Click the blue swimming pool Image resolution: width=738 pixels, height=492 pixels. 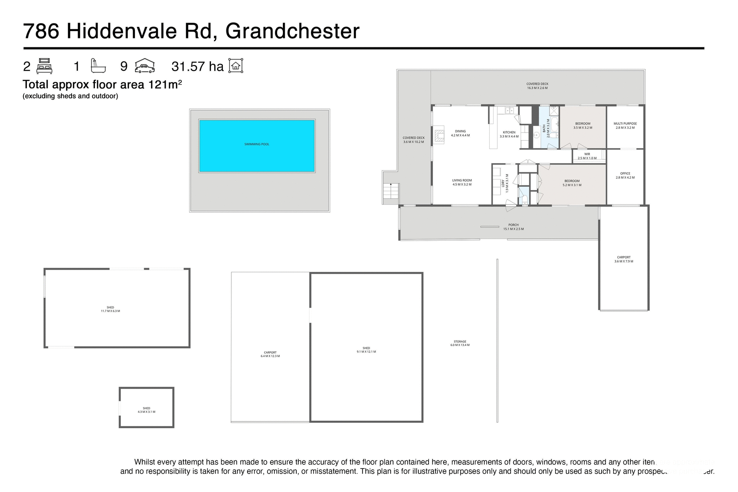tap(257, 146)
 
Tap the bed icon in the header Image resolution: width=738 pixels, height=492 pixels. tap(44, 66)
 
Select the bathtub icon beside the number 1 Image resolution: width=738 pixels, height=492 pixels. tap(98, 66)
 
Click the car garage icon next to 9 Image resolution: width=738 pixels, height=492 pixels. tap(145, 66)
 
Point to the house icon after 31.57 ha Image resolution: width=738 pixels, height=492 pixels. tap(236, 66)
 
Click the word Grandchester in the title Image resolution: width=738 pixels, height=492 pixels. tap(292, 31)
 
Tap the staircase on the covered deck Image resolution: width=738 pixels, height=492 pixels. tap(391, 191)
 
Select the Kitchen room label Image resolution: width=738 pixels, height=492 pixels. tap(509, 134)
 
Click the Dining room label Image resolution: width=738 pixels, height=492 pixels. tap(460, 133)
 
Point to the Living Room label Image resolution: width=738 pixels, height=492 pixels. tap(462, 182)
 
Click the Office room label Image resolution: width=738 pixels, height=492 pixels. tap(625, 175)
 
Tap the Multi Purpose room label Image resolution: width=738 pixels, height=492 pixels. tap(625, 125)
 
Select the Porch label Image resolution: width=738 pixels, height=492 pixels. tap(513, 227)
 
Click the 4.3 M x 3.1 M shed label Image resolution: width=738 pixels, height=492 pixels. tap(146, 410)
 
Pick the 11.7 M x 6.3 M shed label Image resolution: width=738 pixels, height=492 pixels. tap(110, 309)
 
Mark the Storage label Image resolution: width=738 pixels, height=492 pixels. tap(460, 343)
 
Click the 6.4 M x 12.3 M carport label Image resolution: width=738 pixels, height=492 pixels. tap(270, 354)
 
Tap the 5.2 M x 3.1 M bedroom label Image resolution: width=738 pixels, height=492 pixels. tap(572, 183)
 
